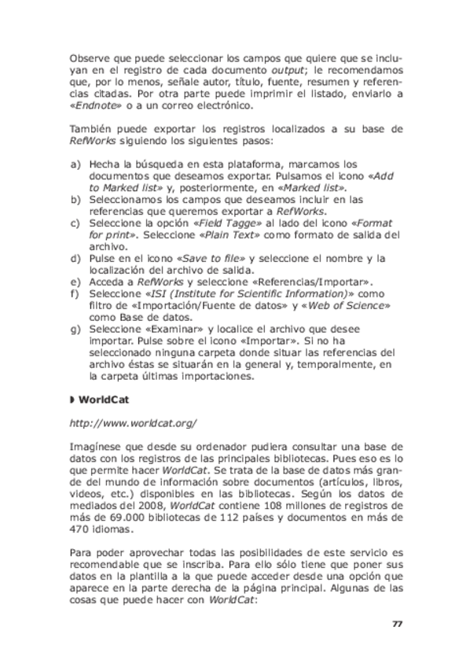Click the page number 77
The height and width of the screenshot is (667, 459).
coord(397,624)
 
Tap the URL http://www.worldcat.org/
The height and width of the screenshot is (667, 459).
coord(133,423)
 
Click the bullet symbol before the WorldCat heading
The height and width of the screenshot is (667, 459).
coord(72,400)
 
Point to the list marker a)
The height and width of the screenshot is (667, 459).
coord(75,164)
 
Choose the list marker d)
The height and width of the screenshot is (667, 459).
coord(75,258)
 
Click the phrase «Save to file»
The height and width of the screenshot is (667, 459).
coord(215,258)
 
